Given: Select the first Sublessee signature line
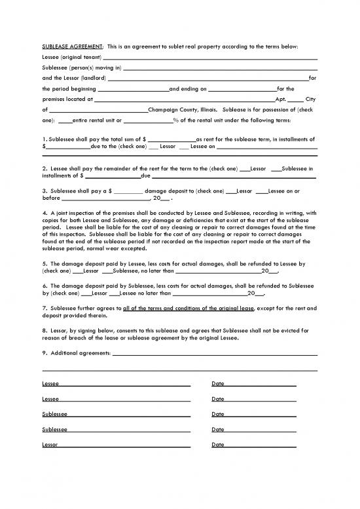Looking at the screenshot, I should [x=128, y=416].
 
